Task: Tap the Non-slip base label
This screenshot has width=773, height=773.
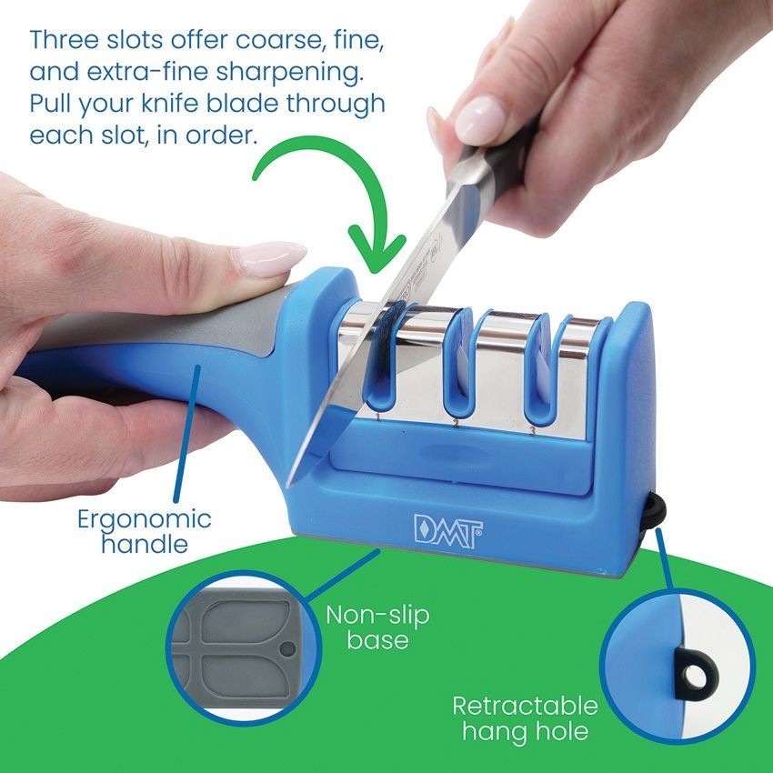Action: coord(377,627)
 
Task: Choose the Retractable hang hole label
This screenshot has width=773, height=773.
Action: coord(525,718)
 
